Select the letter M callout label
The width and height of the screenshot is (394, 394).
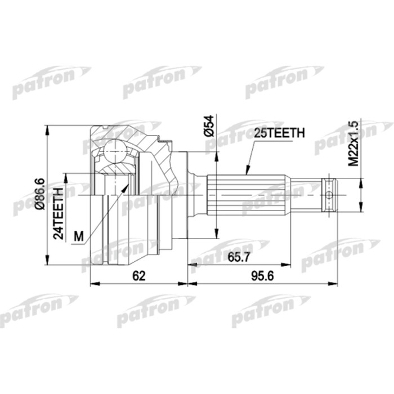[78, 237]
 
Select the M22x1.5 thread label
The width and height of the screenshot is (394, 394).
[353, 144]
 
